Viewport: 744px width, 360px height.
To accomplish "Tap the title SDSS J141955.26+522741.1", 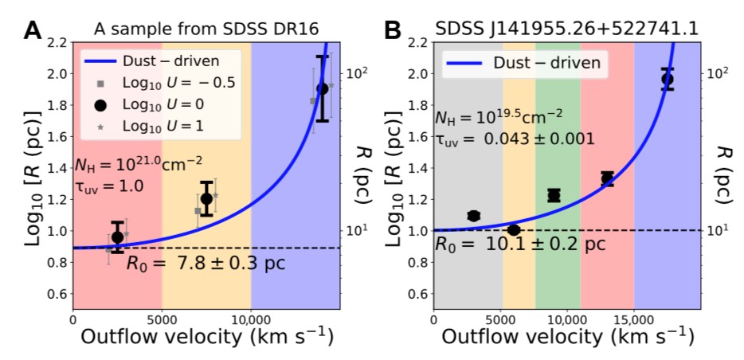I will click(x=567, y=29).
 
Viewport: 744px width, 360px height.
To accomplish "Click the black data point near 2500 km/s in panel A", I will click(x=117, y=237).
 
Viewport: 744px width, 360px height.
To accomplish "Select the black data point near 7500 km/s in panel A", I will click(x=206, y=198).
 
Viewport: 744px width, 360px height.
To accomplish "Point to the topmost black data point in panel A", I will click(x=322, y=88).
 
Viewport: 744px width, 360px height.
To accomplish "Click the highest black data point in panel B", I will click(x=668, y=79).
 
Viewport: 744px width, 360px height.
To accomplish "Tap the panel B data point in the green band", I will click(x=554, y=195).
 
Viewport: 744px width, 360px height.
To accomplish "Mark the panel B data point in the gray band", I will click(x=473, y=216).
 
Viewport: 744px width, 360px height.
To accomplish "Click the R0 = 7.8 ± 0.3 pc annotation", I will click(x=206, y=262).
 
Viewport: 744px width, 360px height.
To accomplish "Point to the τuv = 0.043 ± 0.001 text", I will click(x=515, y=139).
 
